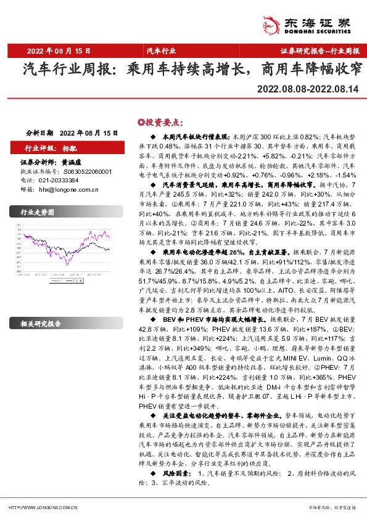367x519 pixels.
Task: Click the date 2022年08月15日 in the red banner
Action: point(59,51)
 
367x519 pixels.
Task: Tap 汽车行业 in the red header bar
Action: point(161,51)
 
